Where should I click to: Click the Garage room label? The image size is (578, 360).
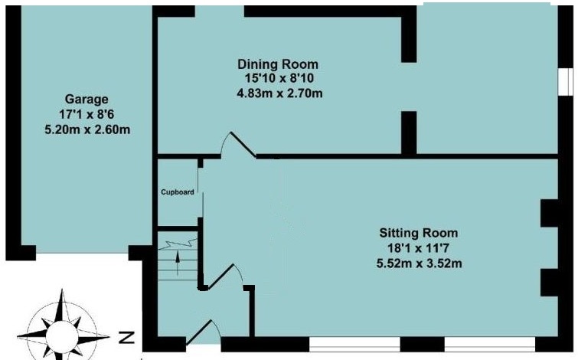[87, 100]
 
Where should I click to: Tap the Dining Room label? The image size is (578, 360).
[278, 64]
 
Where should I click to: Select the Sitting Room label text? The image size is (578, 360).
[419, 233]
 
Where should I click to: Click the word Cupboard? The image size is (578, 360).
[178, 192]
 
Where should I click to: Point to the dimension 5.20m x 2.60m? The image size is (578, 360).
[87, 130]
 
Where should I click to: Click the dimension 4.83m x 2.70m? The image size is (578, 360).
[279, 93]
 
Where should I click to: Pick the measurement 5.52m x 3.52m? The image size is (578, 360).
[419, 263]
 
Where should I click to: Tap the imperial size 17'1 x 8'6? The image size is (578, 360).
[87, 114]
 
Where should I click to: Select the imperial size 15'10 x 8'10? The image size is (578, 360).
[279, 79]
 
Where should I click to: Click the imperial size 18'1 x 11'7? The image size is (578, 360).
[418, 249]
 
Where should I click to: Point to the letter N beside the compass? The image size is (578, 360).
[128, 338]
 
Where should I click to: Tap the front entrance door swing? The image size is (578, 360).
[203, 332]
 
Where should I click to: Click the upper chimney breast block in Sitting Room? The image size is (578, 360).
[550, 213]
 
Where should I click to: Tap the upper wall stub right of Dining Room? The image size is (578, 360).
[409, 34]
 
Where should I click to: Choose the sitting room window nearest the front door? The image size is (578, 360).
[354, 344]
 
